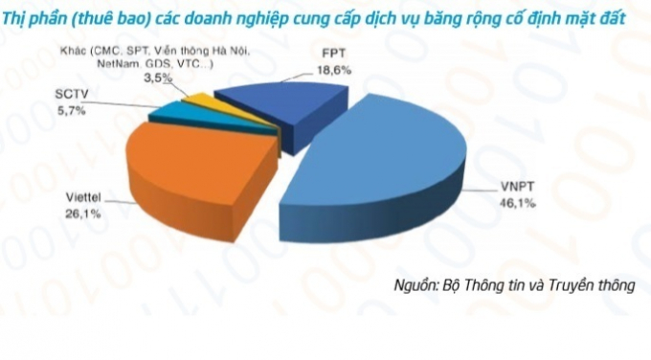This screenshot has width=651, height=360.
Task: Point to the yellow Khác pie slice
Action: [196, 99]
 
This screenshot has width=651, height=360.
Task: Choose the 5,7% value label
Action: [72, 111]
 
